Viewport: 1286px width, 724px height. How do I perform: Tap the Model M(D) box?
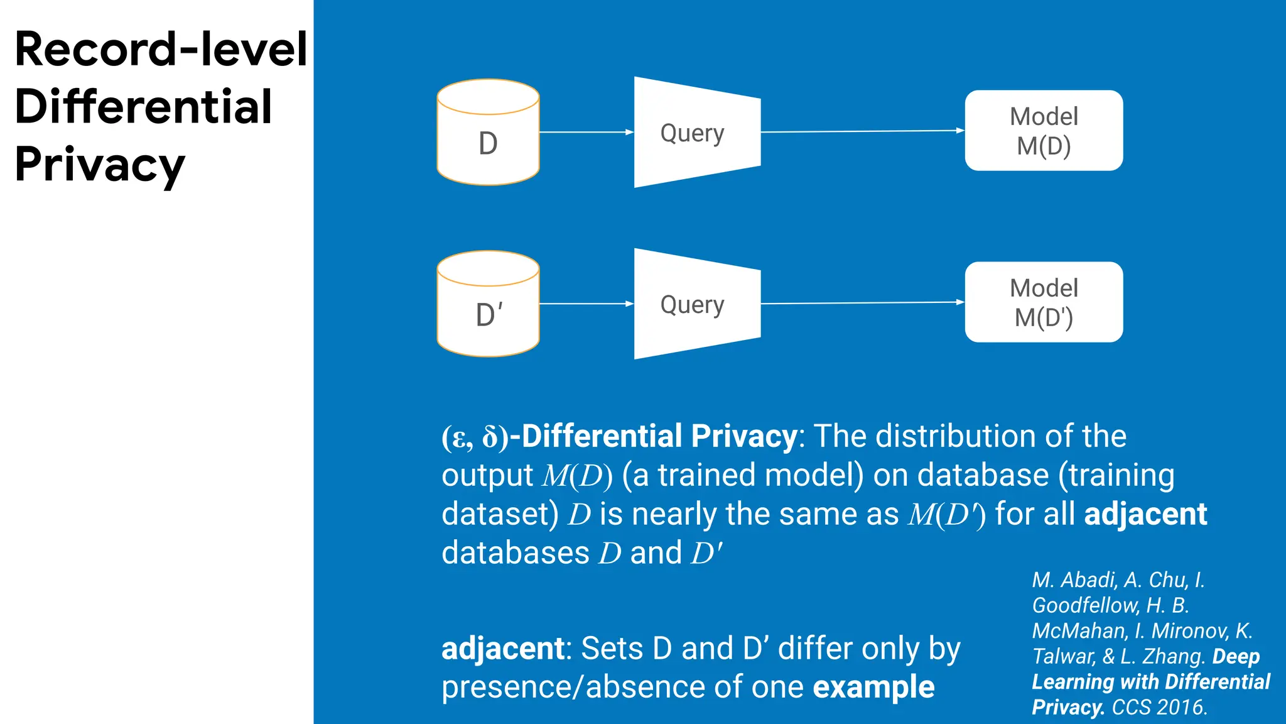coord(1044,131)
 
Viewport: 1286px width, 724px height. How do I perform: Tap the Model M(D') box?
coord(1044,302)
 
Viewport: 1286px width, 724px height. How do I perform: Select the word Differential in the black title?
coord(143,107)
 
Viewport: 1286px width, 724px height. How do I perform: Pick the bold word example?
coord(873,688)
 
